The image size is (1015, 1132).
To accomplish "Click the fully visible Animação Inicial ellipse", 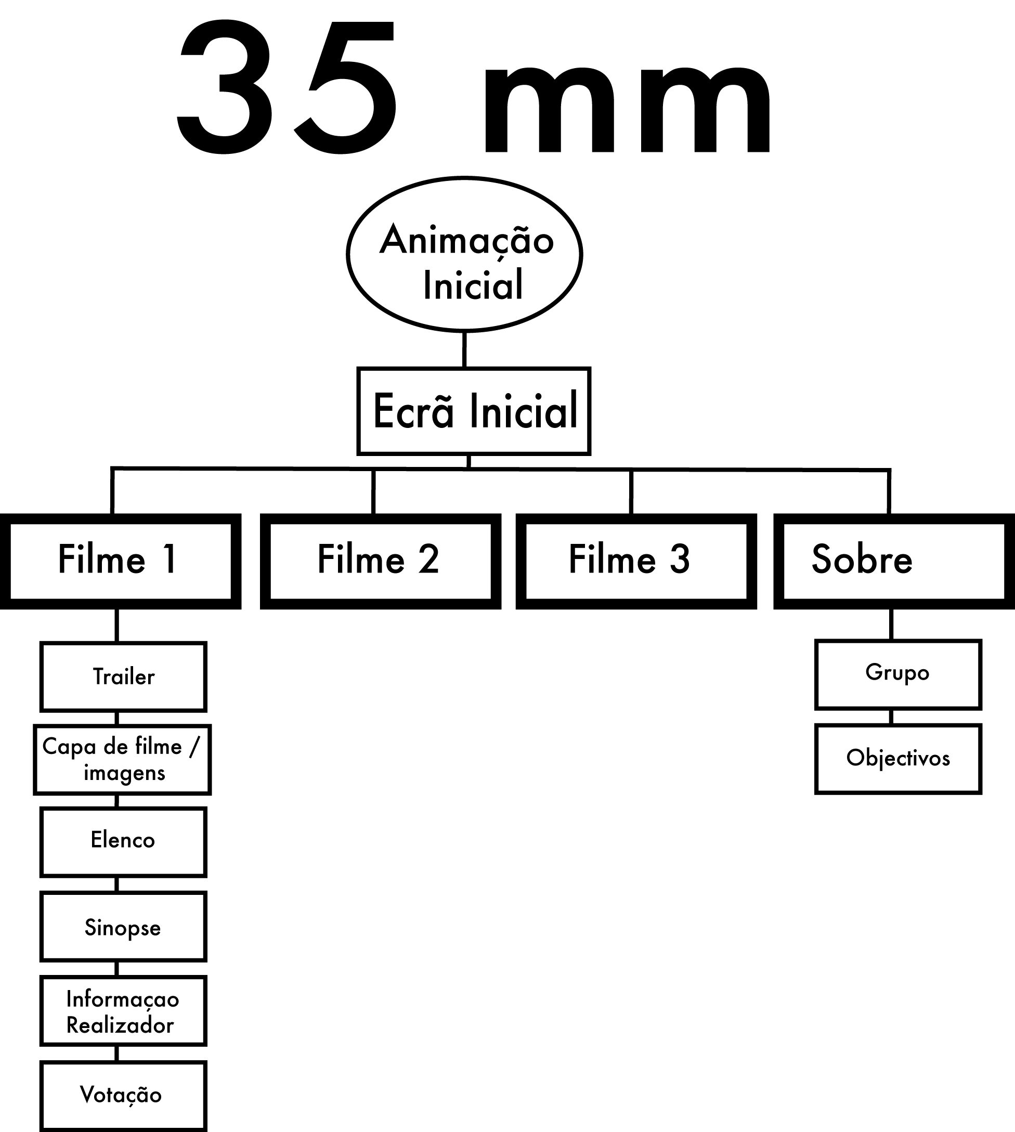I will (x=464, y=254).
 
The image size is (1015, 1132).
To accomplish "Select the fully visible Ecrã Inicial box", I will (x=473, y=411).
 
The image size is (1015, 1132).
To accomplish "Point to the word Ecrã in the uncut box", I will (x=413, y=411).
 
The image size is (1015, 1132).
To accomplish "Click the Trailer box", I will (x=123, y=676).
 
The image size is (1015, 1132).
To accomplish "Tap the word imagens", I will (x=124, y=773).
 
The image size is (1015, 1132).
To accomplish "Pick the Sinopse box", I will (x=123, y=927).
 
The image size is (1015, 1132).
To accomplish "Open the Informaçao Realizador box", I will (x=123, y=1011).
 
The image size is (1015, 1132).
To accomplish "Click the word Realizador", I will (x=120, y=1025).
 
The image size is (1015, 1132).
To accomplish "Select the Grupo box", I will (x=897, y=673).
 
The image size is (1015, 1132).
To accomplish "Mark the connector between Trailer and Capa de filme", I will (x=117, y=718).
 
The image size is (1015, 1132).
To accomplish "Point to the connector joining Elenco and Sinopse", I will (x=117, y=884).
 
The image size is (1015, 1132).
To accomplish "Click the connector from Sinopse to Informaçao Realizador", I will (x=117, y=969).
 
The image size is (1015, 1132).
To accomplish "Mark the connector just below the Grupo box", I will (x=891, y=717).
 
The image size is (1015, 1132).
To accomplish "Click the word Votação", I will (x=121, y=1095).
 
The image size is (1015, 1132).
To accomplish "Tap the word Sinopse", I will (x=123, y=928).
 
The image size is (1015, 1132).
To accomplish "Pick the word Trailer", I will (x=124, y=676).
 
